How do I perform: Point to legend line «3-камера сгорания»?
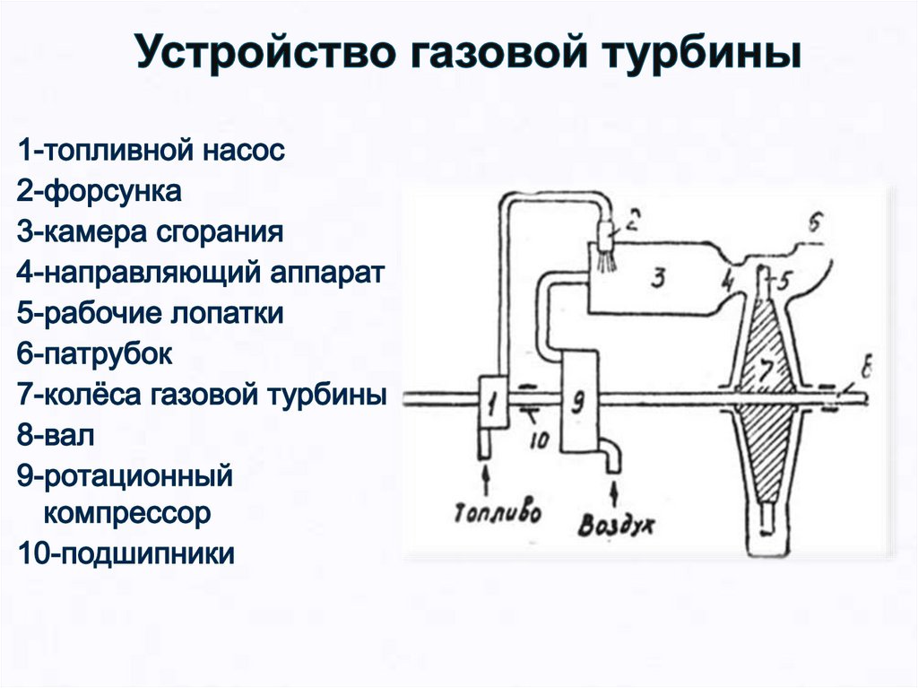tap(150, 231)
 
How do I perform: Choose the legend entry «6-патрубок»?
tap(93, 354)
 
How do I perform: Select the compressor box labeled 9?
tap(579, 400)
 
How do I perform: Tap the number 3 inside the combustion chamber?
tap(659, 278)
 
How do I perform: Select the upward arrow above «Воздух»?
tap(614, 492)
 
